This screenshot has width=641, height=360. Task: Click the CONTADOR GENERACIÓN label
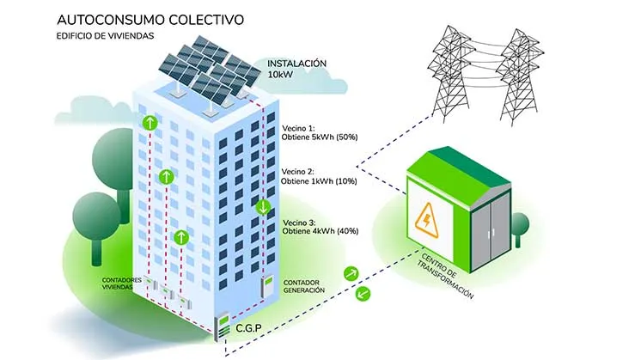tap(303, 286)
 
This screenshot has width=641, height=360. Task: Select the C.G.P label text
tap(251, 329)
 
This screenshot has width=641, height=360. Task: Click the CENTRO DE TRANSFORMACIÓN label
tap(448, 274)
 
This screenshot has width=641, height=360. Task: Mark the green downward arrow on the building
tap(263, 207)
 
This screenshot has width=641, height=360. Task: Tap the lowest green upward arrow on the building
tap(180, 237)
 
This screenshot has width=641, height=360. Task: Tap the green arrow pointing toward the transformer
tap(349, 273)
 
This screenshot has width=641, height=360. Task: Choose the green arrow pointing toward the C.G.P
tap(362, 294)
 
